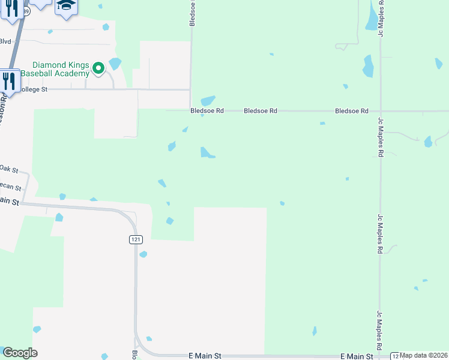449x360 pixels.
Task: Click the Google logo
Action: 20,353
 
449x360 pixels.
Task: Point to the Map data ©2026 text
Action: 424,355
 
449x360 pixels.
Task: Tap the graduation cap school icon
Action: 67,6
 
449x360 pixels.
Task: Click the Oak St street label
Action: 10,169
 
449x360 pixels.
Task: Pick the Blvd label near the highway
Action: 6,41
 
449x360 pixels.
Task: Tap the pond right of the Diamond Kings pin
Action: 115,63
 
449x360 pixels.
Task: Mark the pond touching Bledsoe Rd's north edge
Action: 208,101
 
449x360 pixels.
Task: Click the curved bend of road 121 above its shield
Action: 130,218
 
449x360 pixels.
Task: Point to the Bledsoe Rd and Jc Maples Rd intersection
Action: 380,111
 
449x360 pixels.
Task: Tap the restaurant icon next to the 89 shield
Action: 11,9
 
